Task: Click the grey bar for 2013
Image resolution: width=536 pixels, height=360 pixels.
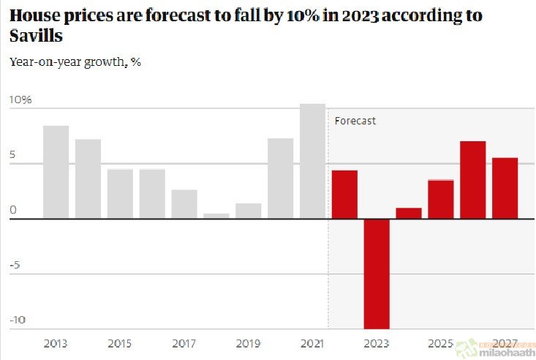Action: point(56,172)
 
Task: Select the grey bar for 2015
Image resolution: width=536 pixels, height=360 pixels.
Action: point(120,194)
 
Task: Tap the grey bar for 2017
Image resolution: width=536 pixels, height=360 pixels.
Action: point(184,204)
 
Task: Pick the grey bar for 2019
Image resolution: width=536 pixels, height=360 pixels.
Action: point(249,211)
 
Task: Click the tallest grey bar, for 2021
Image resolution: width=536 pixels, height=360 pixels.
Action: point(312,161)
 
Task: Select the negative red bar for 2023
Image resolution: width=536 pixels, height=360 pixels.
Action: point(377,274)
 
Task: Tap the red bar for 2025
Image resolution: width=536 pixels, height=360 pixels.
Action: point(440,199)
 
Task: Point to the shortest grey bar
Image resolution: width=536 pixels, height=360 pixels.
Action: point(216,216)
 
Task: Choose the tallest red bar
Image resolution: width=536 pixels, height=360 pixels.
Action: point(472,180)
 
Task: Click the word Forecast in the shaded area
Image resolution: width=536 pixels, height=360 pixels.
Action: point(355,121)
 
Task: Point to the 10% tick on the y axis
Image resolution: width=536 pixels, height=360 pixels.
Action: point(20,100)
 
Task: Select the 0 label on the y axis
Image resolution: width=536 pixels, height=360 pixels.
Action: point(12,210)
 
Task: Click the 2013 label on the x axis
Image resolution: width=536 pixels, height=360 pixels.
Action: point(56,342)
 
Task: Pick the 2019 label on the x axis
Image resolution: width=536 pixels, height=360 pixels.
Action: point(249,342)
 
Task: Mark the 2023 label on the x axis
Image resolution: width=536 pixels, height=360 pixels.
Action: point(377,342)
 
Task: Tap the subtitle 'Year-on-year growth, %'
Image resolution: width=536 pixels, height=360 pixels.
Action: point(75,62)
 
